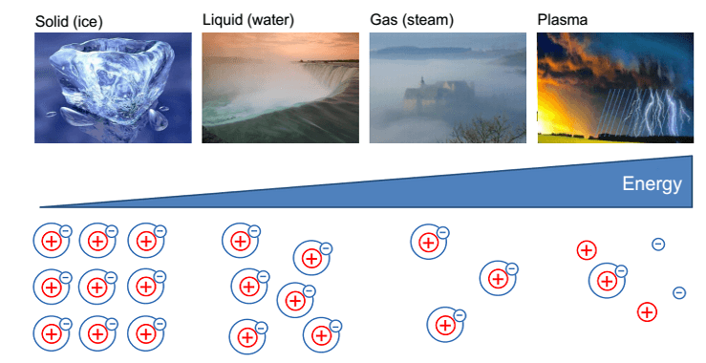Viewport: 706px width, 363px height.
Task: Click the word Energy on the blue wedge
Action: point(652,184)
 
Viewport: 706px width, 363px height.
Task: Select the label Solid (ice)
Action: point(69,21)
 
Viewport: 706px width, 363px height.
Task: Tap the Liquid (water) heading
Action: point(248,20)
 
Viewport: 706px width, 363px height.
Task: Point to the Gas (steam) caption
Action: point(412,20)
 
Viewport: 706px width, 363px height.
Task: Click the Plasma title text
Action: point(563,20)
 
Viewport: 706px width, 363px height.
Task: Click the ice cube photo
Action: point(113,87)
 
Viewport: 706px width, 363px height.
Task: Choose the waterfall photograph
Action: point(281,87)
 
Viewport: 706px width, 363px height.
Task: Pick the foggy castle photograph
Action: point(448,87)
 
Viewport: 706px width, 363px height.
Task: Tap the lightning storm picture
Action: point(615,87)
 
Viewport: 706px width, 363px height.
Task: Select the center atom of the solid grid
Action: point(97,287)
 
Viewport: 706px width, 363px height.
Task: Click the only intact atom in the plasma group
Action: point(608,281)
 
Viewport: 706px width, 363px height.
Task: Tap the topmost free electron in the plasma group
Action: point(658,245)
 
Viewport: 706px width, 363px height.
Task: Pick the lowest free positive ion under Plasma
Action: point(647,312)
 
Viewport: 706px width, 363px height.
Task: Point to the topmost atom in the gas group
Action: point(430,242)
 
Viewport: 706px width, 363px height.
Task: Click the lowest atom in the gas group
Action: point(446,324)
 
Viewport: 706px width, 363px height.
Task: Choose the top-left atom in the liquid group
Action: point(241,241)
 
